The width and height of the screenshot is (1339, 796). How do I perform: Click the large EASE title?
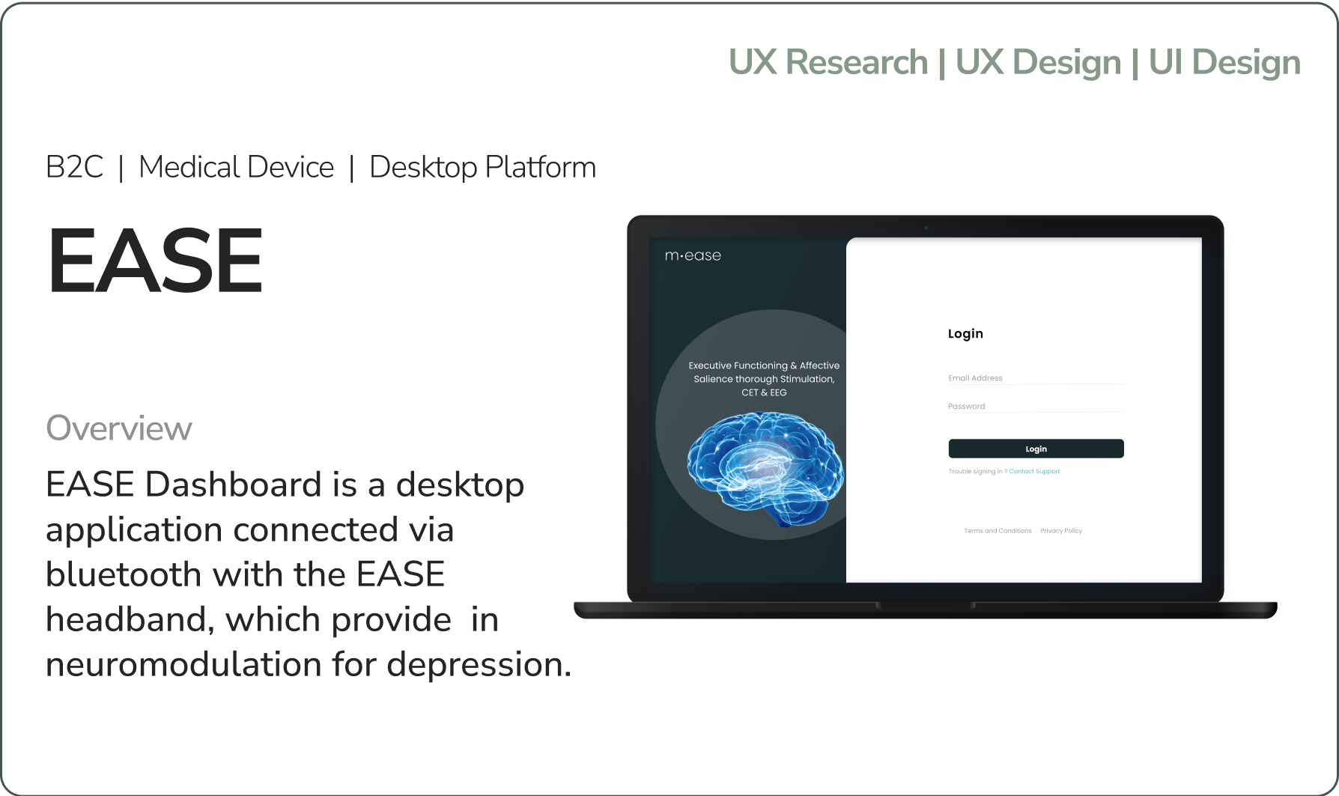pos(156,261)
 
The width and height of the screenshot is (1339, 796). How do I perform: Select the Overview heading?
pos(119,428)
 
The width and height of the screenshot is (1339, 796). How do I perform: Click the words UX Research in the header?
pos(828,62)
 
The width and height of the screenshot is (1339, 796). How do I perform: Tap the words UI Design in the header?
pos(1224,63)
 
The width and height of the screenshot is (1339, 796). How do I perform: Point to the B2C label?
pos(75,167)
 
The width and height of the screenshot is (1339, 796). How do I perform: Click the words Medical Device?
pos(237,167)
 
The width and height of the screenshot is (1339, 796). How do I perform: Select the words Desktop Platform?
pos(483,168)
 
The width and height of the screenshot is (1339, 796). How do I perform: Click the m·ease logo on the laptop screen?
pos(693,255)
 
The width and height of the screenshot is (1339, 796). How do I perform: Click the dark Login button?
pos(1036,449)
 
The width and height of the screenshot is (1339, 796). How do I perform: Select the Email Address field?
pos(1036,378)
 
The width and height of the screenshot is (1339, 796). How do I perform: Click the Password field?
pos(1036,407)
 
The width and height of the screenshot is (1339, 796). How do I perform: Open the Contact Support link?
pos(1034,472)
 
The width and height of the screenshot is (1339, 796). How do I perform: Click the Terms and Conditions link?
pos(998,531)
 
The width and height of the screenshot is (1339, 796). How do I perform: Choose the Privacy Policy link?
pos(1061,531)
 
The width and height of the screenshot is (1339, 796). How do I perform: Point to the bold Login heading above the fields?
pos(965,334)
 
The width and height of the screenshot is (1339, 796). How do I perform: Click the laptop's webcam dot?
pos(926,228)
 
